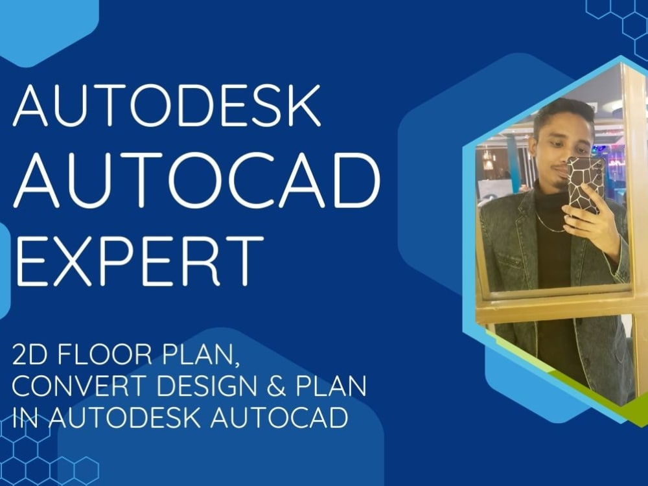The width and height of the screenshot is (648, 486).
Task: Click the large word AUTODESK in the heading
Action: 167,106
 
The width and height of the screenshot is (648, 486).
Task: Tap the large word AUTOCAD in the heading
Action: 196,179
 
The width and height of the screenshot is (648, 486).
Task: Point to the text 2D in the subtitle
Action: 29,357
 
